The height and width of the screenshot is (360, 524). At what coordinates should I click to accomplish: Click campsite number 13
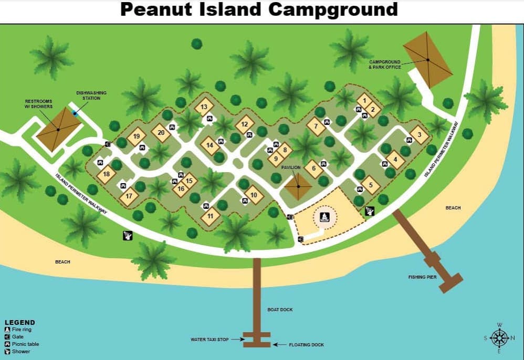pos(204,107)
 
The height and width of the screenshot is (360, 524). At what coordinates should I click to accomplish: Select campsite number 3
pos(419,134)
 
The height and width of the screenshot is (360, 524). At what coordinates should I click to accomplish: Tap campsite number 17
pos(129,197)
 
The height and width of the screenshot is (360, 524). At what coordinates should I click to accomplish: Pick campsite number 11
pos(211,216)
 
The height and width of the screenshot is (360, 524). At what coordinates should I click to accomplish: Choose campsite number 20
pos(161,132)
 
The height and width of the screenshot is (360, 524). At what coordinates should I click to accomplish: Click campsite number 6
pos(313,168)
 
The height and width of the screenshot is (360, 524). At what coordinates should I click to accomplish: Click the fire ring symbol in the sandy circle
pos(324,216)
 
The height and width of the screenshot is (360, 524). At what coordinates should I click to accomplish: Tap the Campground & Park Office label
pos(385,65)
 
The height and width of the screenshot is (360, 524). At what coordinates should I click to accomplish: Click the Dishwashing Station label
pos(91,95)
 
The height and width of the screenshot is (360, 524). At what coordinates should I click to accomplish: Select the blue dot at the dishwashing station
pos(75,113)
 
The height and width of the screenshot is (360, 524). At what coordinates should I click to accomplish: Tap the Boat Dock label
pos(279,310)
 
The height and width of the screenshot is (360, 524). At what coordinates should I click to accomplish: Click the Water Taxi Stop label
pos(209,340)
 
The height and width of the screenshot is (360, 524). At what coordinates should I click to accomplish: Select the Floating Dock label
pos(306,345)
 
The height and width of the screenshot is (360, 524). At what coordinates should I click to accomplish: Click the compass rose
pos(499,337)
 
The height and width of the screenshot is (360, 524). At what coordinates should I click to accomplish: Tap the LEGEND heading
pos(20,322)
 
